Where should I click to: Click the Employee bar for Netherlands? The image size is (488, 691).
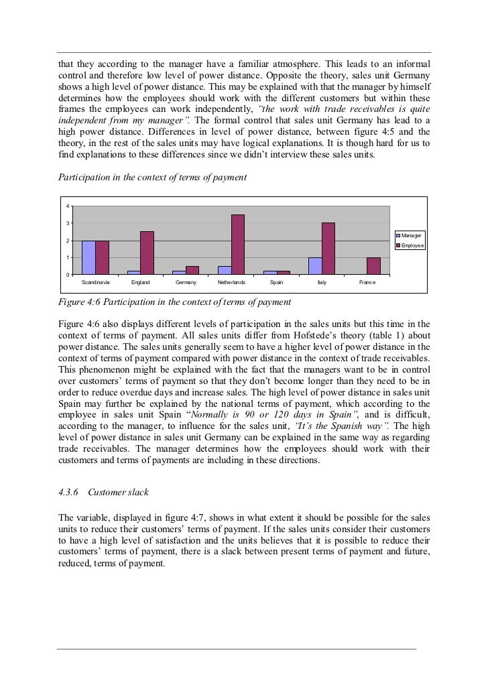point(238,245)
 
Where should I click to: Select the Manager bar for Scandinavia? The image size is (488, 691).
point(88,257)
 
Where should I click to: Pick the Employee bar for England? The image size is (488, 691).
point(147,253)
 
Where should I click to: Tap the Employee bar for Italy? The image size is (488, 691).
point(328,249)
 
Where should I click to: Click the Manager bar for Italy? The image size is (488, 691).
point(315,266)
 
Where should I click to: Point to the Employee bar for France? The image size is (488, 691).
point(374,266)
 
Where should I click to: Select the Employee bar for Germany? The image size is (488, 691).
point(192,270)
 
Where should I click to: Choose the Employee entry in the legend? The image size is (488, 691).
point(411,246)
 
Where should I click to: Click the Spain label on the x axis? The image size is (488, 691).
point(276,284)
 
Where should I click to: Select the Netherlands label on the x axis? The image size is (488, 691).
point(231,284)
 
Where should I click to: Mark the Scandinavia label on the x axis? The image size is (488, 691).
point(95,284)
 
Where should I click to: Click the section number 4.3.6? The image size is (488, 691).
point(70,493)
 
